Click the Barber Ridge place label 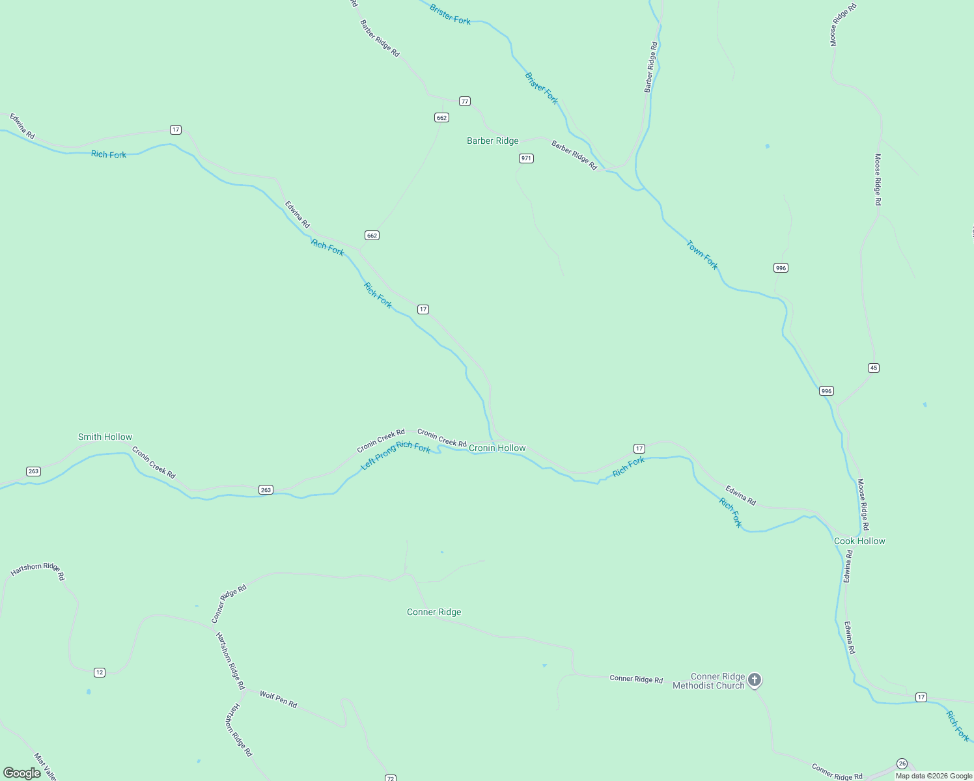(493, 141)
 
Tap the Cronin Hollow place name (497, 448)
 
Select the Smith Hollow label (105, 437)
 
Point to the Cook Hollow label (859, 541)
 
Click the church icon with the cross (755, 680)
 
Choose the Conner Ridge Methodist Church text (708, 681)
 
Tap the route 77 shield (464, 101)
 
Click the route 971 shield (526, 158)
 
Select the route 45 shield (874, 368)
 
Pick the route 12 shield (99, 672)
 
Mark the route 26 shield (902, 763)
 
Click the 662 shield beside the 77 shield (441, 117)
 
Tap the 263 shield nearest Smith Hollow (33, 471)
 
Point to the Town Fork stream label (702, 255)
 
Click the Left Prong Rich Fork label (396, 454)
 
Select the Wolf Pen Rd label (278, 700)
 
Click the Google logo (22, 773)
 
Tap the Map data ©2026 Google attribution (934, 776)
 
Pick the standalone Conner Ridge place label (434, 612)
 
